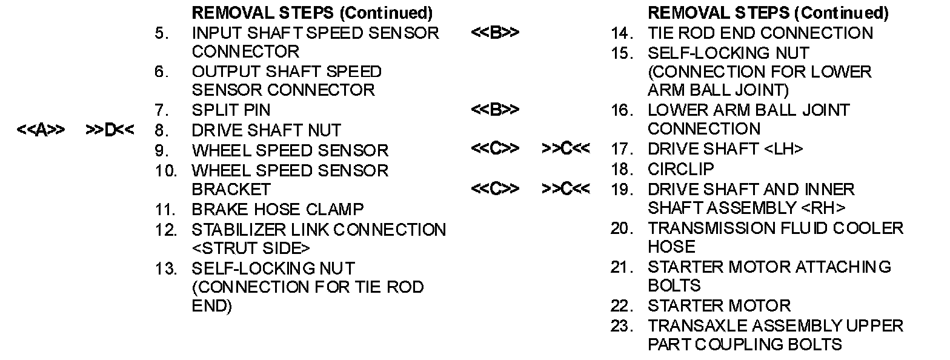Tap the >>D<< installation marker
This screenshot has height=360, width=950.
109,130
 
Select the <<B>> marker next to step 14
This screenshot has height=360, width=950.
495,33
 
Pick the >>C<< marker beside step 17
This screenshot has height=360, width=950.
565,148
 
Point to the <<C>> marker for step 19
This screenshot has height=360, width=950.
495,188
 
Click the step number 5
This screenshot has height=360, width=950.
161,33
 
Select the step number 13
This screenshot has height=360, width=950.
165,268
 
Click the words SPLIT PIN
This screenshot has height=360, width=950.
231,110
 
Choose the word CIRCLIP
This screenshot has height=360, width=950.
681,168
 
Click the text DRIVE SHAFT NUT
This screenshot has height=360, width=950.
266,130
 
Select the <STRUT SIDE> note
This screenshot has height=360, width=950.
251,248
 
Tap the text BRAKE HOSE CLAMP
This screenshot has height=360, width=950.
277,210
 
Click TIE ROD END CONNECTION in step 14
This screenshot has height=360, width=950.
760,33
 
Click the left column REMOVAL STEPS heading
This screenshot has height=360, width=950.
312,13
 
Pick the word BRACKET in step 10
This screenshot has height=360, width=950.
231,189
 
